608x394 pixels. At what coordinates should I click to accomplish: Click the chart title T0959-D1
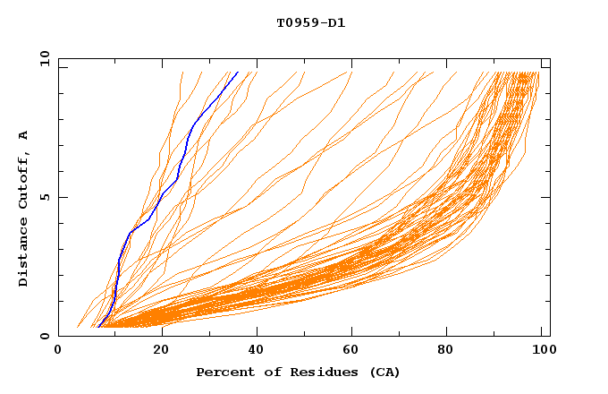310,22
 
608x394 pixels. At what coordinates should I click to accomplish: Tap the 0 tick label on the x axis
58,351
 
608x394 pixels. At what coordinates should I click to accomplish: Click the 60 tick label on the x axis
353,351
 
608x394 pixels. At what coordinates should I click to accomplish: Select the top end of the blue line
238,73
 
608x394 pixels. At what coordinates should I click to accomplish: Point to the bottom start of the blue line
97,326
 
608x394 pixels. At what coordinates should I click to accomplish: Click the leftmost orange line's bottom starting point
79,327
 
